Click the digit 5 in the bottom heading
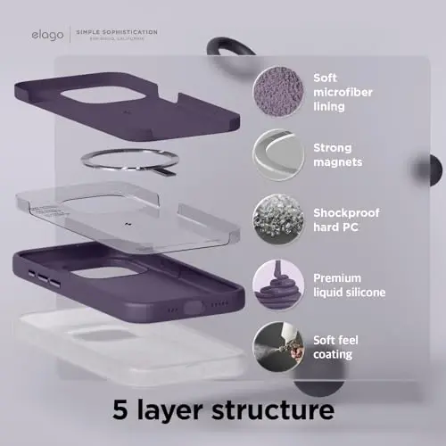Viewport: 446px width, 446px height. point(122,411)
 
